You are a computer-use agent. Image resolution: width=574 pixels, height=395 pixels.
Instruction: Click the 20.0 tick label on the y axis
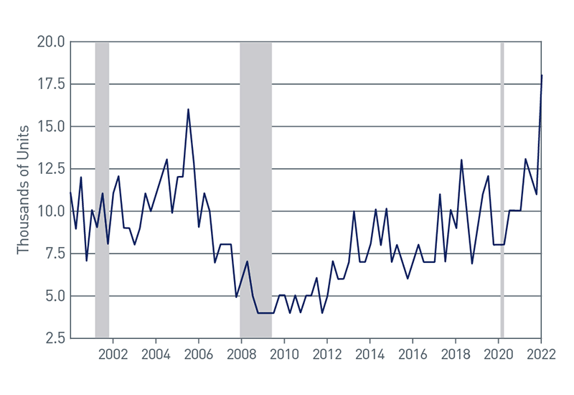[51, 42]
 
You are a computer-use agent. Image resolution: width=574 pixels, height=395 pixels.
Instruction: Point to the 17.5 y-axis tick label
[51, 85]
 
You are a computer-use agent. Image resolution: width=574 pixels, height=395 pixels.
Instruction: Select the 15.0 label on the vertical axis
[51, 127]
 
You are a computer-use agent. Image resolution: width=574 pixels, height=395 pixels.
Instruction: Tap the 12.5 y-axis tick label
[51, 169]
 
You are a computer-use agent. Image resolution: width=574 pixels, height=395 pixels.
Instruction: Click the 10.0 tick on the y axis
[51, 212]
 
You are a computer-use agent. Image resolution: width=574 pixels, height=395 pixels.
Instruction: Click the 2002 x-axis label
[113, 354]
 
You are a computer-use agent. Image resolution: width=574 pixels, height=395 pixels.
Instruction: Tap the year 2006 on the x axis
[198, 354]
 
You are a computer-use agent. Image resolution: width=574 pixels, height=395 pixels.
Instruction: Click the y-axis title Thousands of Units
[24, 189]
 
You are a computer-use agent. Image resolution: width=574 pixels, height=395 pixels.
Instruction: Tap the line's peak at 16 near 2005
[188, 110]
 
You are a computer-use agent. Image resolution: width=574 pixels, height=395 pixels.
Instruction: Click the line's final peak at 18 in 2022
[542, 75]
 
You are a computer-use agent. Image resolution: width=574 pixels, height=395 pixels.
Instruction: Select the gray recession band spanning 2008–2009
[255, 190]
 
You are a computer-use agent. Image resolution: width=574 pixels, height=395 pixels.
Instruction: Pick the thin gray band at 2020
[502, 190]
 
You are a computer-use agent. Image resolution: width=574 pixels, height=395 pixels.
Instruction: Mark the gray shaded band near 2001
[102, 190]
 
